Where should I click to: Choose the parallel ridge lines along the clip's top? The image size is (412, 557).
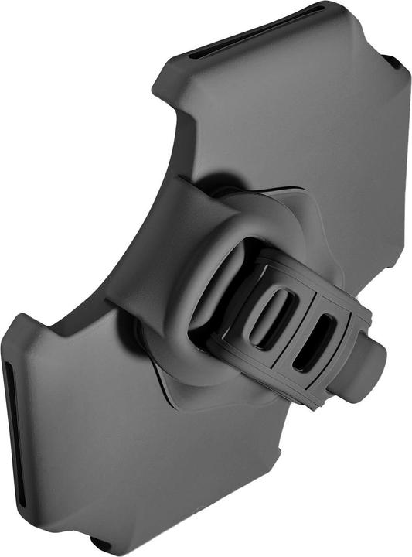coord(309,267)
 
